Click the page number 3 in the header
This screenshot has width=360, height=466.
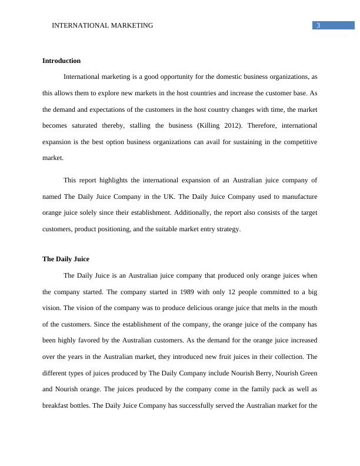tap(318, 25)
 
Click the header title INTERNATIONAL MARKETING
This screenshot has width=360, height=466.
tap(102, 25)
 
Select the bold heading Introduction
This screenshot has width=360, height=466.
tap(62, 61)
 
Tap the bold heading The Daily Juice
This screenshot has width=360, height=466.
tap(66, 259)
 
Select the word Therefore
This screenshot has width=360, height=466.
tap(269, 125)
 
